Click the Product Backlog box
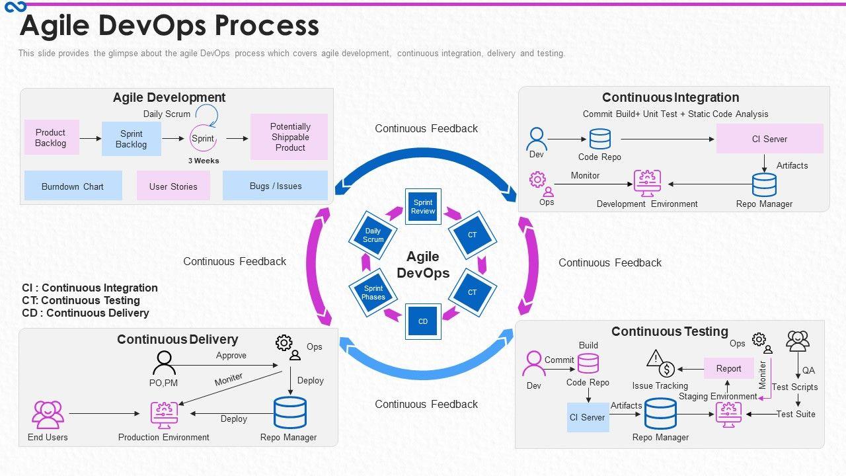coord(51,138)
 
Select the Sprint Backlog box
coord(132,139)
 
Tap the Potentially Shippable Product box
coord(289,137)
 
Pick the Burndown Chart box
coord(73,186)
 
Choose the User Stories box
coord(173,186)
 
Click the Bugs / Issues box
coord(276,186)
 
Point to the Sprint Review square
coord(423,207)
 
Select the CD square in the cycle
coord(423,321)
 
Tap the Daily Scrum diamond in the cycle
coord(373,235)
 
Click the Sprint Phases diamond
coord(373,293)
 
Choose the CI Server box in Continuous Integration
coord(769,139)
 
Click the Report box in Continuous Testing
coord(728,368)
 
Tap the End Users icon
coord(48,415)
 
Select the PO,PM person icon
coord(163,363)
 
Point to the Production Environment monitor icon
coord(164,415)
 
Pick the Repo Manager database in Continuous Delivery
coord(289,413)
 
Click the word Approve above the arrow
coord(231,356)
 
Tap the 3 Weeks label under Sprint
coord(204,161)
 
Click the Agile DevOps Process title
coord(170,26)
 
